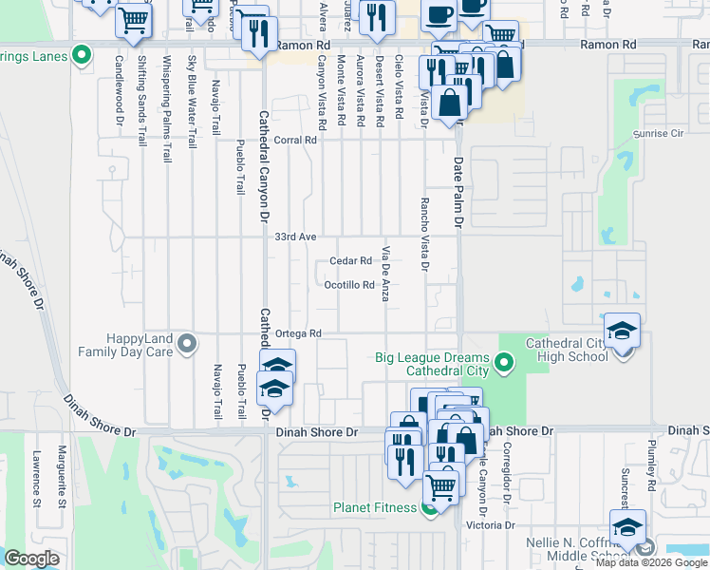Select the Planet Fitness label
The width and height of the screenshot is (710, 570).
pyautogui.click(x=374, y=507)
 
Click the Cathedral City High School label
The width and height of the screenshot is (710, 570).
pyautogui.click(x=553, y=351)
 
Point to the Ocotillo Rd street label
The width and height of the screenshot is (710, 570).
pyautogui.click(x=349, y=285)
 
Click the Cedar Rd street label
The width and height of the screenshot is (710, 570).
pyautogui.click(x=350, y=261)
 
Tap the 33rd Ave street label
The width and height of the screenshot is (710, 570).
pyautogui.click(x=294, y=237)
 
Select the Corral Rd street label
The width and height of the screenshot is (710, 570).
pyautogui.click(x=294, y=141)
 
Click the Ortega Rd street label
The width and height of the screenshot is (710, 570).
pyautogui.click(x=299, y=333)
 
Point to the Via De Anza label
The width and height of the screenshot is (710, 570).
pyautogui.click(x=386, y=275)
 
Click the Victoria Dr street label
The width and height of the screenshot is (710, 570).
pyautogui.click(x=496, y=524)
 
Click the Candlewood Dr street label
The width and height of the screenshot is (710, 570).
pyautogui.click(x=120, y=91)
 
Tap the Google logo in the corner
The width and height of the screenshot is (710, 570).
pyautogui.click(x=31, y=559)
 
